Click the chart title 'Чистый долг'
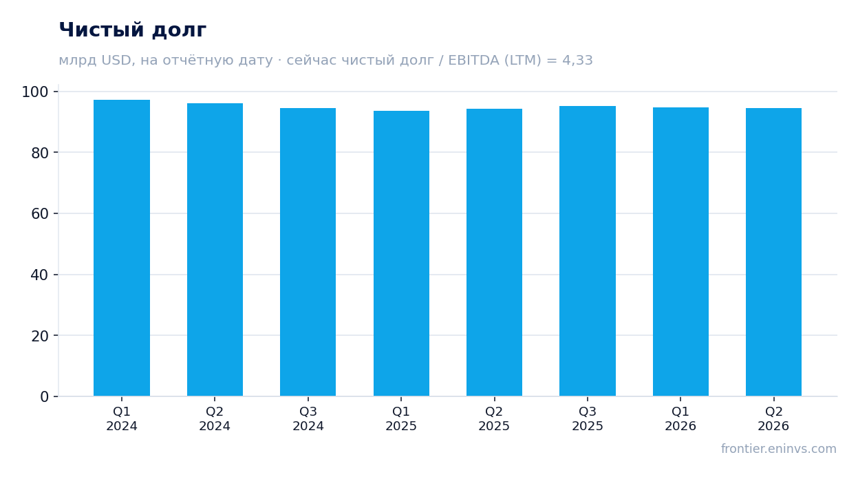[x=133, y=30]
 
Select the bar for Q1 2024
[x=122, y=248]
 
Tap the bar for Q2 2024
[x=215, y=249]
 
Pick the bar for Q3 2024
[x=308, y=252]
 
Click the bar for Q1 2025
[x=401, y=253]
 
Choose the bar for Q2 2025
[x=495, y=253]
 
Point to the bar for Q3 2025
[x=588, y=251]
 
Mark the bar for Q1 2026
[x=680, y=252]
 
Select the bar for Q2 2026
[x=774, y=252]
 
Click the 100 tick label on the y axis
[x=35, y=92]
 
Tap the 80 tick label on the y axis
[x=39, y=153]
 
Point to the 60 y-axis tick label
[x=39, y=214]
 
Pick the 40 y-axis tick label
[x=39, y=275]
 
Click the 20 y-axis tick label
[x=39, y=336]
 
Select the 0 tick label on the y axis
[x=44, y=397]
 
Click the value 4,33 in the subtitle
[x=577, y=61]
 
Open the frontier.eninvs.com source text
[x=779, y=449]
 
